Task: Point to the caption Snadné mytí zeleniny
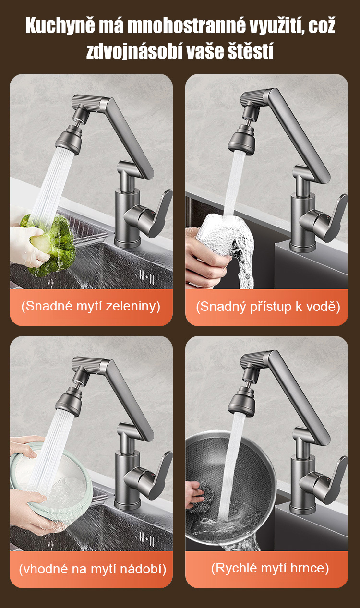91,306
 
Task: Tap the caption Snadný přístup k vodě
268,307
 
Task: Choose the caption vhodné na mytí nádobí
93,569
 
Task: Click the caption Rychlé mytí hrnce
270,568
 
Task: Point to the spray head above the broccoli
69,138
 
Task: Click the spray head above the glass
241,139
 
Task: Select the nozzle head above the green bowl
69,401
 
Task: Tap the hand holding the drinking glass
206,258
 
